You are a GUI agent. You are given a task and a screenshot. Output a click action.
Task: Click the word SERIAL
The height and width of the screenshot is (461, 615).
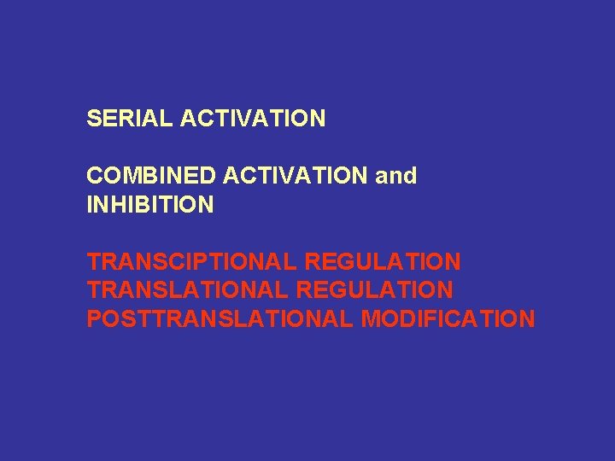coord(130,118)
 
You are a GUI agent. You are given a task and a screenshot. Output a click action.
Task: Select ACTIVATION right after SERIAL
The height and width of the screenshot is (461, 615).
coord(253,118)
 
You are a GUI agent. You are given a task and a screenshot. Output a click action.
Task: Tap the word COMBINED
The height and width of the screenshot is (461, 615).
coord(151,176)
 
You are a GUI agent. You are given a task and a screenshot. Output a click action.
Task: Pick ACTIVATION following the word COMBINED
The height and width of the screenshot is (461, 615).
coord(296,176)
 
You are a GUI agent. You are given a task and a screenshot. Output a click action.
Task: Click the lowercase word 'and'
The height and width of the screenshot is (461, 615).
coord(396,176)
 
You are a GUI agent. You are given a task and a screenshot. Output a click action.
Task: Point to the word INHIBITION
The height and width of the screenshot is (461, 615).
coord(149,205)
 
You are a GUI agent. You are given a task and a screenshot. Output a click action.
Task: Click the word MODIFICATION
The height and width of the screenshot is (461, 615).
coord(448,320)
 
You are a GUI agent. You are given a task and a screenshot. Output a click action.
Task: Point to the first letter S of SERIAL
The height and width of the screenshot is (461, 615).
coord(93,118)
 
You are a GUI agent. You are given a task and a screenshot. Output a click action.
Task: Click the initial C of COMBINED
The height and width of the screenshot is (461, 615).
coord(94,176)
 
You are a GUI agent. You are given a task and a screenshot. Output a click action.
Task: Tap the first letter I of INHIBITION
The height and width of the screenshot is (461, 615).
coord(90,205)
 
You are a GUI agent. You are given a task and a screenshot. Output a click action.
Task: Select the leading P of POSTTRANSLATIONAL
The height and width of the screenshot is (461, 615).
coord(93,320)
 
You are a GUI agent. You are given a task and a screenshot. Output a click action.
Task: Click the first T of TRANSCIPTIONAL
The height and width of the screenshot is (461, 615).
coord(93,262)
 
